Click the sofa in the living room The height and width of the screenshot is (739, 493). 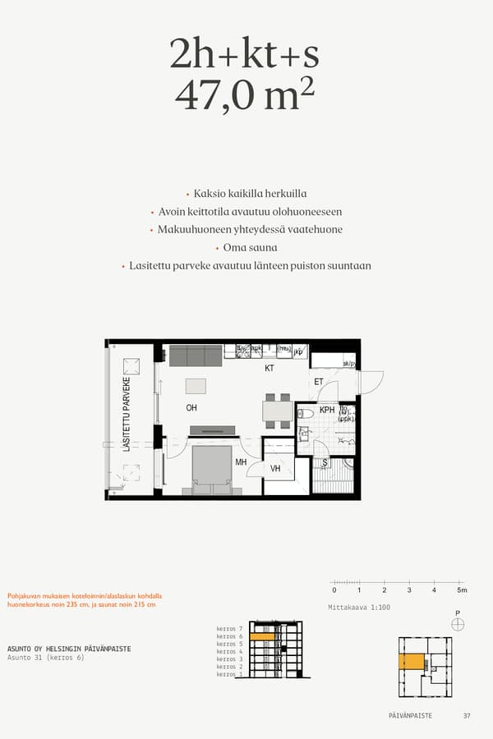tap(195, 355)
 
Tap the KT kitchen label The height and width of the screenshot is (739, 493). tap(269, 369)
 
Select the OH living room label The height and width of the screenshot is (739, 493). tap(191, 407)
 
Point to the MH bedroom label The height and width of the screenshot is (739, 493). tap(242, 462)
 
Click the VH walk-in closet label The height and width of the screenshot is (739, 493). tap(276, 469)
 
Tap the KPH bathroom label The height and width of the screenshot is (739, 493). tap(327, 410)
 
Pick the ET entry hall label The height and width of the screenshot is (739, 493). tap(319, 381)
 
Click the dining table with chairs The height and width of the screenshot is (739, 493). tap(277, 411)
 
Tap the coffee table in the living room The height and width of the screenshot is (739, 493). tap(196, 386)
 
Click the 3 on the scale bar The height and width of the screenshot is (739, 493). tap(409, 590)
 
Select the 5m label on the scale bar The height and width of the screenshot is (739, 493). tap(461, 590)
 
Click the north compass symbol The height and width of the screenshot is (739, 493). tap(458, 624)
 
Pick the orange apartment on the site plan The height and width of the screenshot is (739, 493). tap(410, 662)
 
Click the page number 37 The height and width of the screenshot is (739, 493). tap(467, 716)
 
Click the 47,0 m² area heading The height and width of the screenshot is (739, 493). tap(245, 96)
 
